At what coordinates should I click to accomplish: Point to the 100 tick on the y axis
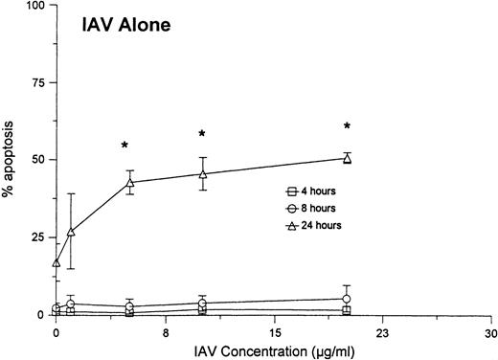point(37,6)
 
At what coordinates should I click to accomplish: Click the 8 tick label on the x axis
point(165,331)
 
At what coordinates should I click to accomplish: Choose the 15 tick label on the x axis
point(274,331)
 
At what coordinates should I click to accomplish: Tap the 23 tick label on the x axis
point(382,331)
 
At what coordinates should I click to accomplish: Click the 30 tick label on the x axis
point(490,331)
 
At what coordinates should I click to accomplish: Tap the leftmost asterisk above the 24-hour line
point(124,146)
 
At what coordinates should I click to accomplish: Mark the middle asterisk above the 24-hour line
point(202,134)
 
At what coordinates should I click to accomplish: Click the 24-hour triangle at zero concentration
point(57,262)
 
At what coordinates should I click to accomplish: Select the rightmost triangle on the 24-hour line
point(348,159)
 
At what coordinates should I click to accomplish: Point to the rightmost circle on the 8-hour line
point(348,299)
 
